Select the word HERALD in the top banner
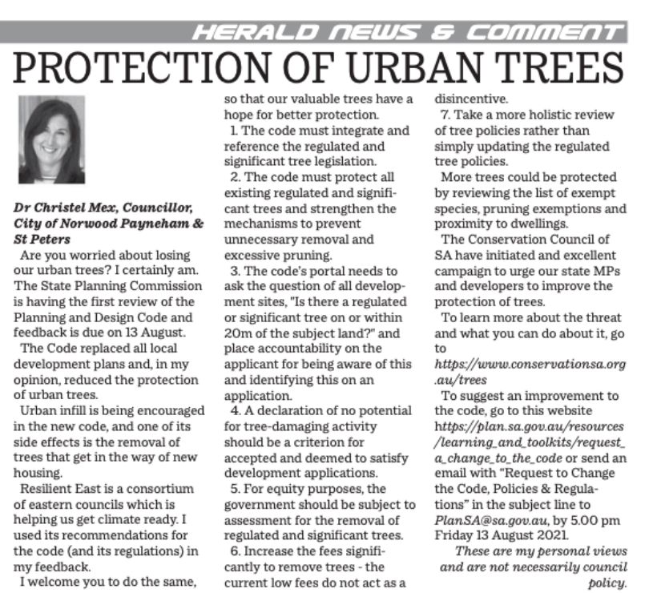pyautogui.click(x=237, y=33)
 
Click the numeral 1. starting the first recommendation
pyautogui.click(x=233, y=130)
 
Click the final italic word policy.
pyautogui.click(x=605, y=583)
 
